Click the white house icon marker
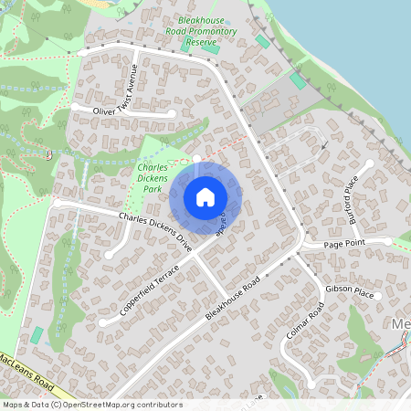click(x=205, y=197)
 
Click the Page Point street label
click(x=346, y=245)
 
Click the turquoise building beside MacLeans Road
click(x=37, y=335)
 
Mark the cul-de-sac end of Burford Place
click(x=370, y=164)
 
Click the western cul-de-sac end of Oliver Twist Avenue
click(x=76, y=106)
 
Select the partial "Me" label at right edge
click(x=400, y=326)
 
